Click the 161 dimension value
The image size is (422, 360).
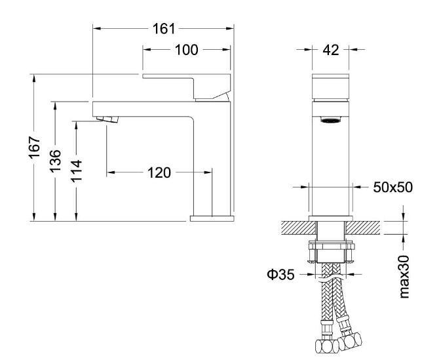click(164, 29)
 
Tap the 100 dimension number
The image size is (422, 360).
click(186, 50)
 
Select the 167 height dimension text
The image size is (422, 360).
click(35, 148)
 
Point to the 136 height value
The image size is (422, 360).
click(56, 161)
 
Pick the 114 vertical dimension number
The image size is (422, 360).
click(77, 170)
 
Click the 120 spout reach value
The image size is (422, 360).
click(159, 172)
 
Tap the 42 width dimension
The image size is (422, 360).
click(331, 50)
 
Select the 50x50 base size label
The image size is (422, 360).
click(393, 187)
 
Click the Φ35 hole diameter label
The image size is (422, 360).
click(280, 275)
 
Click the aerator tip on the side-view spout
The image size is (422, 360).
click(107, 119)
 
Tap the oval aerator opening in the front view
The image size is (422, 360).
click(331, 120)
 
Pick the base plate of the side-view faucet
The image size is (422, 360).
click(212, 218)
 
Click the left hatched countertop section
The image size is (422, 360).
click(299, 228)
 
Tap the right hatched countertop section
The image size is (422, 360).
click(363, 228)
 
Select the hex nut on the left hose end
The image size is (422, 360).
click(327, 346)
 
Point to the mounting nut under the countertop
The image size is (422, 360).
click(331, 245)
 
